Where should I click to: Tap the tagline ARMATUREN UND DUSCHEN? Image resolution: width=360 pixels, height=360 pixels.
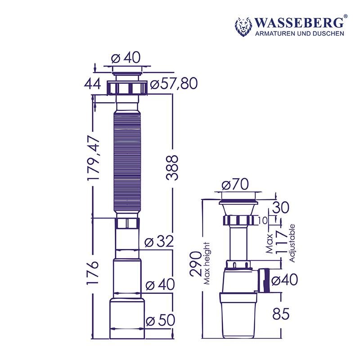300,34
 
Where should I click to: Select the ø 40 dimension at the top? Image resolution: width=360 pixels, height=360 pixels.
126,58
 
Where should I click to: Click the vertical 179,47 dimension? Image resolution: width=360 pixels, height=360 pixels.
94,159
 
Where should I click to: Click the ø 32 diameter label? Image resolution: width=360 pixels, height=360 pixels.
159,242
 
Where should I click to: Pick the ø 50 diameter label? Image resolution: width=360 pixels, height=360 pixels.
160,320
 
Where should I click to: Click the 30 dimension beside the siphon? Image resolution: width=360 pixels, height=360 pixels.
279,208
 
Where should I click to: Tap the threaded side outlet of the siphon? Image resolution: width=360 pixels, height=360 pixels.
264,279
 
